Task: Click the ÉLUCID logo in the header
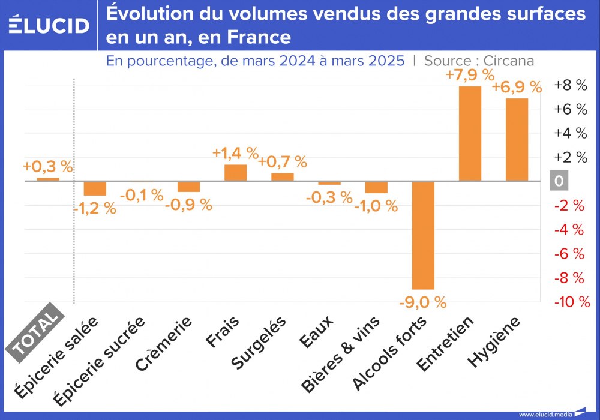pos(49,25)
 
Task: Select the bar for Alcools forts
pos(423,235)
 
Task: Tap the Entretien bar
pos(470,133)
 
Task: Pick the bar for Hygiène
pos(517,139)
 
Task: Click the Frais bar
pos(235,172)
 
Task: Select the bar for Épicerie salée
pos(95,188)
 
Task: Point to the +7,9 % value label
pos(470,76)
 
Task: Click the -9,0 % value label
pos(423,302)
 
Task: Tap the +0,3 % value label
pos(47,166)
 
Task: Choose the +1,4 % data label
pos(235,153)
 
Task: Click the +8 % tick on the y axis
pos(570,85)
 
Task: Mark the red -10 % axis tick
pos(572,302)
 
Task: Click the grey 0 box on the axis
pos(559,181)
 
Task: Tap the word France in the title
pos(259,37)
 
